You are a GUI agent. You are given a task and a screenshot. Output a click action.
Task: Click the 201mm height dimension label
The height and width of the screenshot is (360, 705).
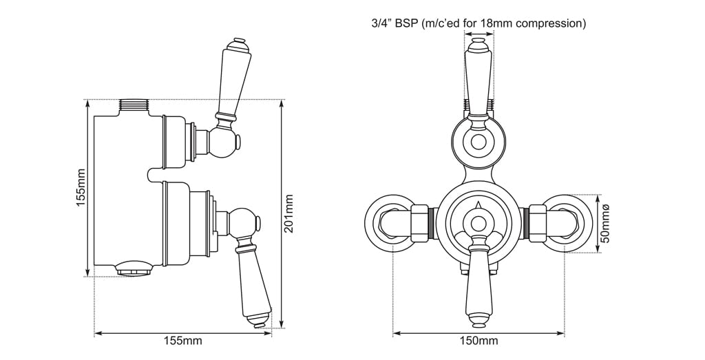pyautogui.click(x=289, y=213)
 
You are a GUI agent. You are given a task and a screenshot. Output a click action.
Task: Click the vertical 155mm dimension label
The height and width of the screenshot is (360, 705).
pyautogui.click(x=80, y=187)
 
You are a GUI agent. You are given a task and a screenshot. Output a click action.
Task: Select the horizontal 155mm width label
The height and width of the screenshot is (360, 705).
pyautogui.click(x=182, y=341)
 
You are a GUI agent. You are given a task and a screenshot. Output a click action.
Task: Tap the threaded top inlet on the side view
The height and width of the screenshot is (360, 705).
pyautogui.click(x=135, y=105)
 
